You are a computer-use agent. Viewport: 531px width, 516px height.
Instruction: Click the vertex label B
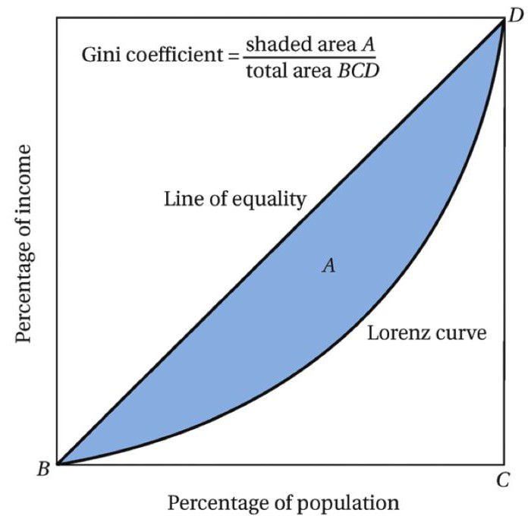[42, 468]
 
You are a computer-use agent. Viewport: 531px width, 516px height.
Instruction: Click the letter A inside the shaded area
[328, 265]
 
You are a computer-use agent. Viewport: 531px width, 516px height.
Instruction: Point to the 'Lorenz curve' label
[426, 332]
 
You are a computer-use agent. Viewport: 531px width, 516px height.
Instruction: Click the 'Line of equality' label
[235, 200]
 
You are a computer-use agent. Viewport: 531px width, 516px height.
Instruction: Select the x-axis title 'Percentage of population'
[283, 502]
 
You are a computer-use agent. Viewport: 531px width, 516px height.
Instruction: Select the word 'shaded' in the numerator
[275, 44]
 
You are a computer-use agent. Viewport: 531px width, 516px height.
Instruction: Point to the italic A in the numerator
[369, 44]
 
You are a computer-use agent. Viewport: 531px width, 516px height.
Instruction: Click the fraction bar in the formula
[310, 58]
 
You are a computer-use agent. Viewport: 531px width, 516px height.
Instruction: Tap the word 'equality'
[274, 200]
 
